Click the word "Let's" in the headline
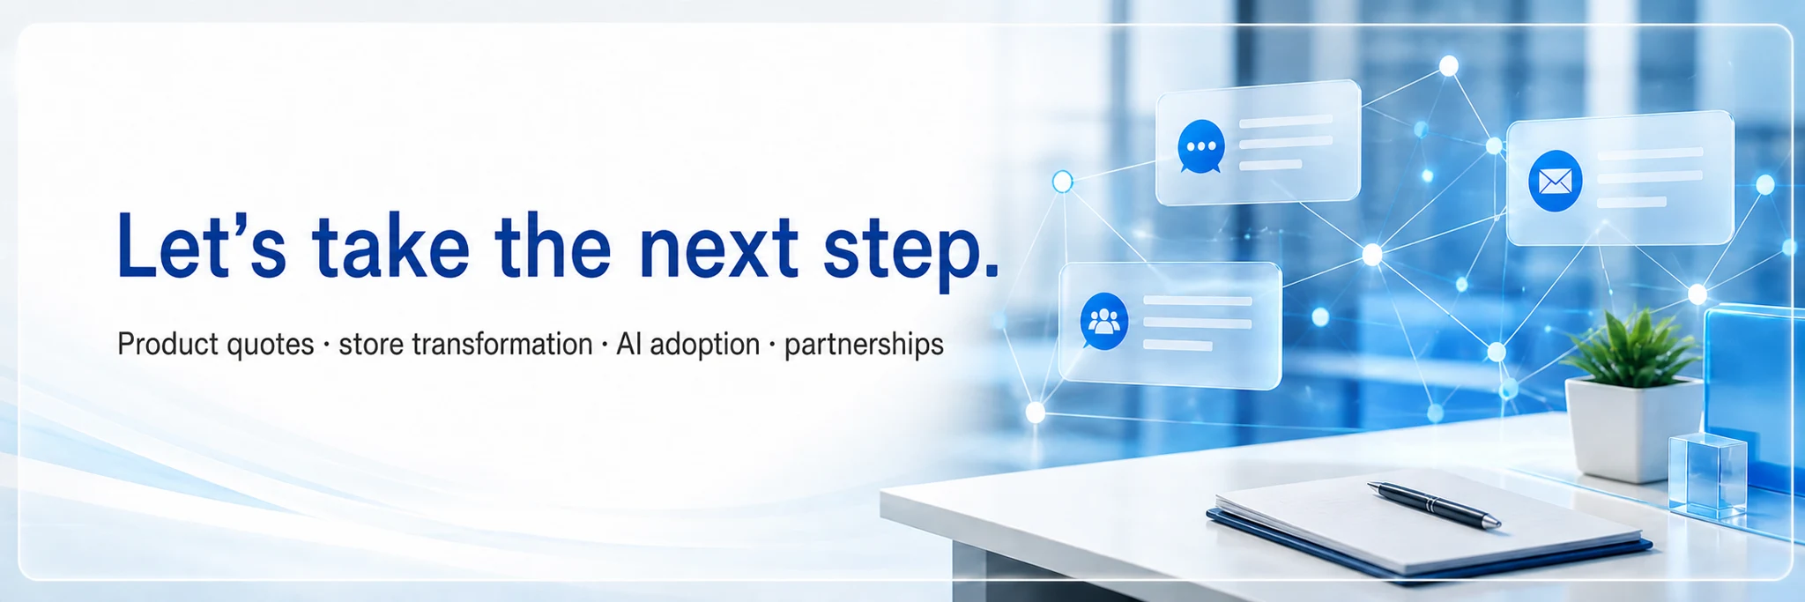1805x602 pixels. (x=202, y=244)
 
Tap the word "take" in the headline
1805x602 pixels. (x=390, y=244)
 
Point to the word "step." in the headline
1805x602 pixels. (x=911, y=252)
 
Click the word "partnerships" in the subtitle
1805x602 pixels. (x=864, y=346)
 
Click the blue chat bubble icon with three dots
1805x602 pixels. (x=1200, y=146)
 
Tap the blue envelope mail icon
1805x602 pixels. (x=1555, y=182)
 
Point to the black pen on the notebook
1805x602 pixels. (x=1434, y=505)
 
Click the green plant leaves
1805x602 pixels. (x=1631, y=348)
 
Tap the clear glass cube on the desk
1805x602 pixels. (x=1707, y=476)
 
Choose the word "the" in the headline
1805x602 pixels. (x=553, y=244)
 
